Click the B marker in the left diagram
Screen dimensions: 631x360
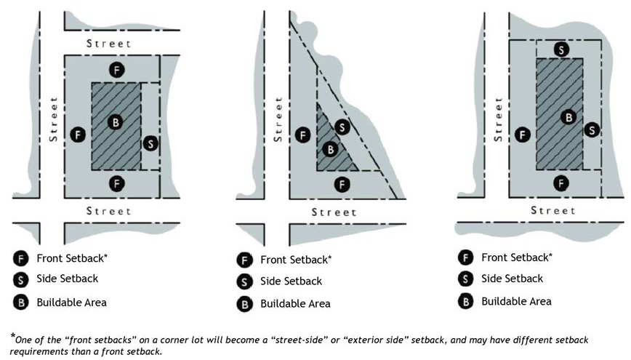point(115,121)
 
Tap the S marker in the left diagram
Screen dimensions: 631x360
point(150,143)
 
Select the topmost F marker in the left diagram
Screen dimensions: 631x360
point(116,70)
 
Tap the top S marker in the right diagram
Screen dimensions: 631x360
point(561,49)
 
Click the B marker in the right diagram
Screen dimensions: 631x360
point(569,116)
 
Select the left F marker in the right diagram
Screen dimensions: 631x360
point(521,134)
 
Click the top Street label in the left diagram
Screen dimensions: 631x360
point(109,44)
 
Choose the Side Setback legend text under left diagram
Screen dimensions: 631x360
point(67,279)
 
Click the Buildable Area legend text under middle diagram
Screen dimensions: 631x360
point(295,303)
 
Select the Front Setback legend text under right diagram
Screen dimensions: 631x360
point(516,257)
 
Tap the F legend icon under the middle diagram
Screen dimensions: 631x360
point(245,260)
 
